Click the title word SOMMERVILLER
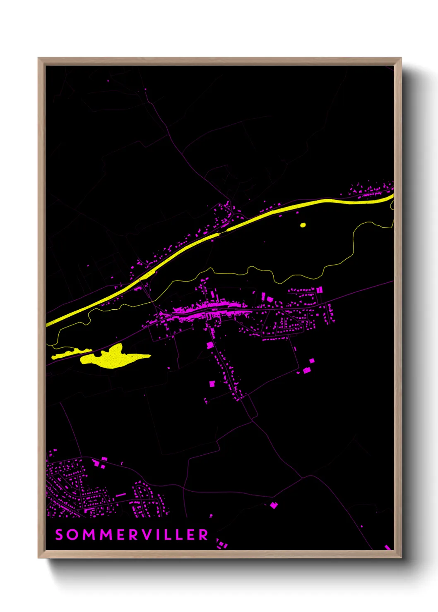click(132, 535)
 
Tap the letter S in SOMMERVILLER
click(59, 535)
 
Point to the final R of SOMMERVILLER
click(204, 535)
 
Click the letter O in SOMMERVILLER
click(72, 535)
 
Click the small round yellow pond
click(303, 225)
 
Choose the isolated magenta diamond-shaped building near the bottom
click(274, 505)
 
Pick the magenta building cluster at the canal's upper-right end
click(371, 189)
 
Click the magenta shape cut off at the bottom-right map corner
click(388, 547)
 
